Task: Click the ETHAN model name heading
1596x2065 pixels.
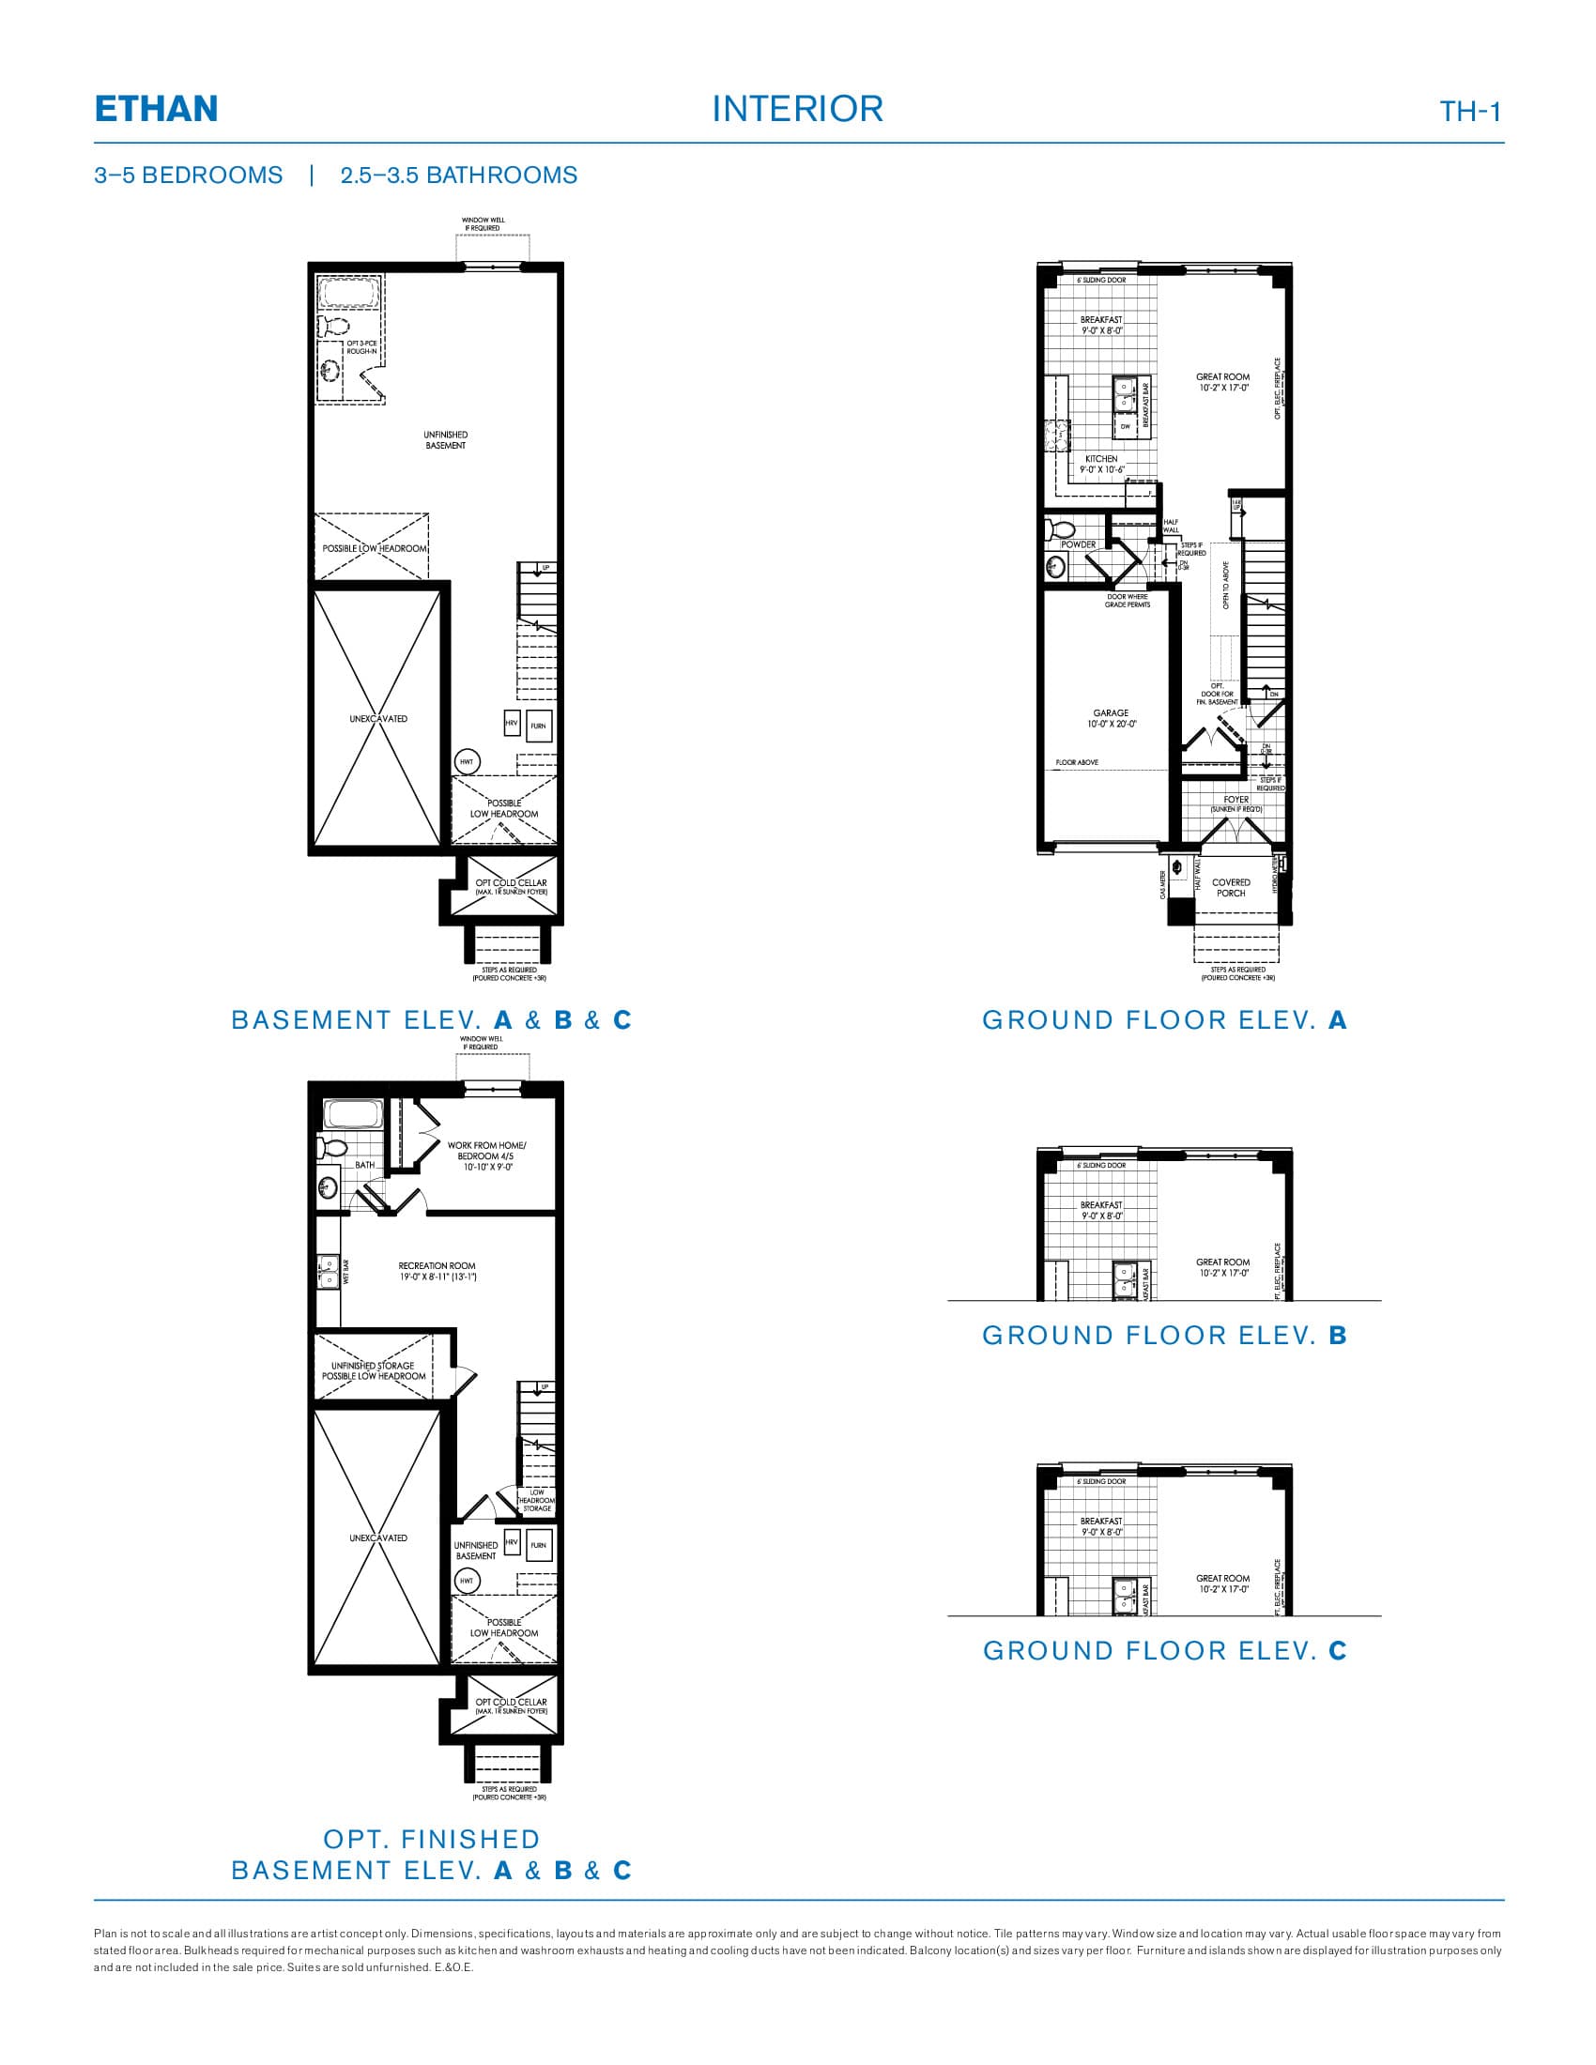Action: click(x=156, y=109)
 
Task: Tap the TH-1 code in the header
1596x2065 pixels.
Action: click(x=1470, y=112)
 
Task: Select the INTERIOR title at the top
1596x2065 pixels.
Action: click(x=797, y=109)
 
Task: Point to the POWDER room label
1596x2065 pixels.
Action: click(x=1078, y=544)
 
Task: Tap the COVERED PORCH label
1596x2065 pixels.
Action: click(x=1231, y=887)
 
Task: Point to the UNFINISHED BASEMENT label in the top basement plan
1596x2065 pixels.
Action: click(x=445, y=439)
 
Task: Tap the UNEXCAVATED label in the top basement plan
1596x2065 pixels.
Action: click(x=378, y=719)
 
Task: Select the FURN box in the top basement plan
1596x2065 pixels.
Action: click(x=538, y=726)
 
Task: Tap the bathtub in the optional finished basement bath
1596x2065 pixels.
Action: click(x=351, y=1114)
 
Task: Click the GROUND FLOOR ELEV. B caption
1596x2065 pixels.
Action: click(x=1164, y=1335)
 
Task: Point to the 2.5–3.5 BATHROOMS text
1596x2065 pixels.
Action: click(x=458, y=175)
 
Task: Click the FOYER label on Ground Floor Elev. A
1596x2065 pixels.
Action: click(x=1236, y=800)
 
